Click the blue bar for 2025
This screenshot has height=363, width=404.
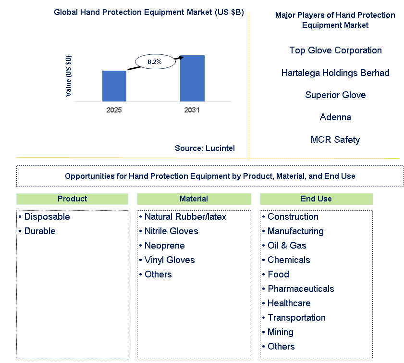click(114, 86)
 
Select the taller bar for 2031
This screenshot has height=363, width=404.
click(192, 78)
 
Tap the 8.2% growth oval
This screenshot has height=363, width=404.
click(154, 62)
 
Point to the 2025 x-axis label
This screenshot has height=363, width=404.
click(114, 110)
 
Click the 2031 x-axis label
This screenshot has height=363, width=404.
click(192, 110)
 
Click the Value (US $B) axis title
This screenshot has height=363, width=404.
click(69, 76)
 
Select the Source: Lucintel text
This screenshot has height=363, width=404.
click(205, 149)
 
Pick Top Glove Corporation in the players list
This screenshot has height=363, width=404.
click(335, 50)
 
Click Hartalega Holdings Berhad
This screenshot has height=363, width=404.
click(335, 73)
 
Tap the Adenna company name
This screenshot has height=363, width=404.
click(335, 117)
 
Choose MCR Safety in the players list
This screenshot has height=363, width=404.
click(335, 140)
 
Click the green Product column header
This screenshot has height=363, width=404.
click(72, 199)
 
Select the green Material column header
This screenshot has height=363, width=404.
click(194, 199)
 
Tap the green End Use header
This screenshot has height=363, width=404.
click(316, 199)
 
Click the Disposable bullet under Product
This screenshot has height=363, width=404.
click(47, 217)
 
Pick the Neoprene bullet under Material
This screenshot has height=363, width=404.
click(164, 246)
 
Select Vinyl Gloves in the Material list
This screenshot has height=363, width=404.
click(170, 260)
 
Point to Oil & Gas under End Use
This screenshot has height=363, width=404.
click(287, 246)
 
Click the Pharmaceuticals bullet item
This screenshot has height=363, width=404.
click(301, 289)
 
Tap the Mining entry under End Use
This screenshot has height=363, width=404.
click(281, 332)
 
